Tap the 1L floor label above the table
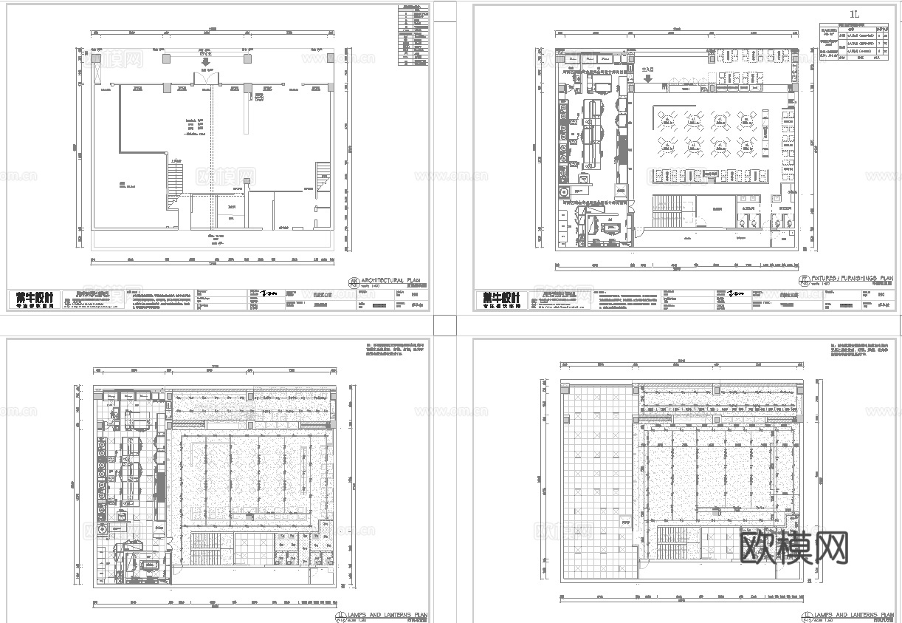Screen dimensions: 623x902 click(x=855, y=14)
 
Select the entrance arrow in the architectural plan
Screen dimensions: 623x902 click(x=204, y=62)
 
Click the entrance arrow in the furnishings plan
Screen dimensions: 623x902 click(x=647, y=78)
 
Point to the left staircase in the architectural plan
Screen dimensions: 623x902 click(x=175, y=180)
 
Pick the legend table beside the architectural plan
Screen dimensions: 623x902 click(x=413, y=35)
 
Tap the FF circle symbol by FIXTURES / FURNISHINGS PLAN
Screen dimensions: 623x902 click(x=804, y=281)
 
